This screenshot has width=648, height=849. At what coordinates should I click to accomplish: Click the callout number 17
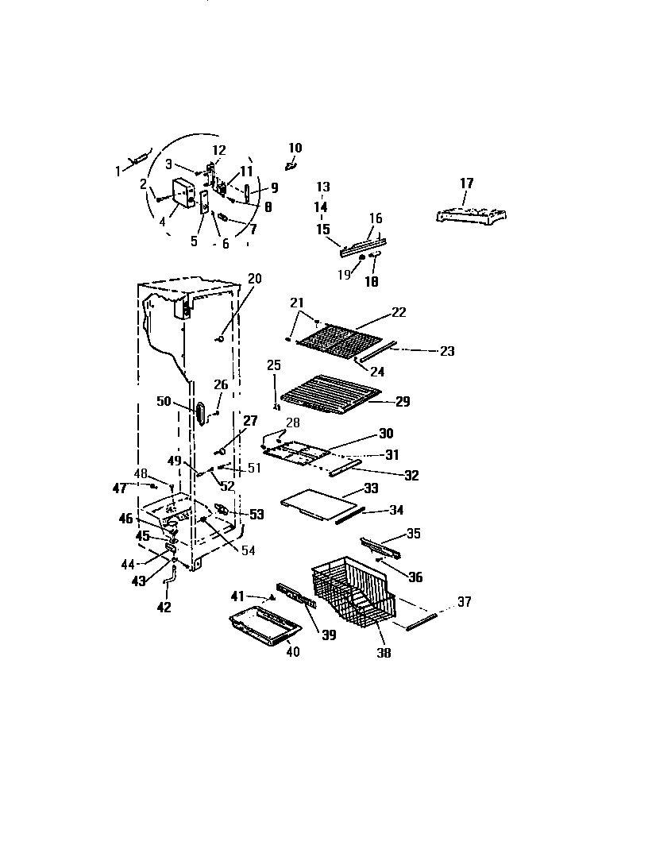point(466,183)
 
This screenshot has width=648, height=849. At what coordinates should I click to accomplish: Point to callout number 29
point(402,402)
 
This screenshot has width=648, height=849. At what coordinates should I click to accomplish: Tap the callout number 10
point(295,148)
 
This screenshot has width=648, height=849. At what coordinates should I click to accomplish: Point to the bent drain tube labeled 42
point(168,587)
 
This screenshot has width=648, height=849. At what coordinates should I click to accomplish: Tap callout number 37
point(464,602)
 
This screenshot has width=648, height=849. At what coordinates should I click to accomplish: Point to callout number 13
point(322,187)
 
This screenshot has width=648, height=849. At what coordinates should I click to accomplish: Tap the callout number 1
point(118,169)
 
